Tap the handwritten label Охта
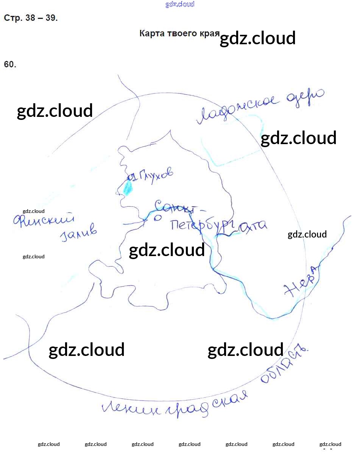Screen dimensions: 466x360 (x=252, y=226)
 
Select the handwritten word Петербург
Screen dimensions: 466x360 (x=203, y=225)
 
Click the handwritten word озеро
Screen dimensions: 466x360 (x=305, y=97)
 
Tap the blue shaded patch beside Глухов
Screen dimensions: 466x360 (x=128, y=187)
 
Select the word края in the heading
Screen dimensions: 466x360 (x=210, y=33)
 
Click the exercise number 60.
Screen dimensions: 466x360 (x=10, y=64)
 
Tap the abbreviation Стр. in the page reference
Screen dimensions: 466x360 (x=13, y=18)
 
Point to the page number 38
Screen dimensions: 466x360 (x=31, y=18)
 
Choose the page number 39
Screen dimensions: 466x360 (x=51, y=18)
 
